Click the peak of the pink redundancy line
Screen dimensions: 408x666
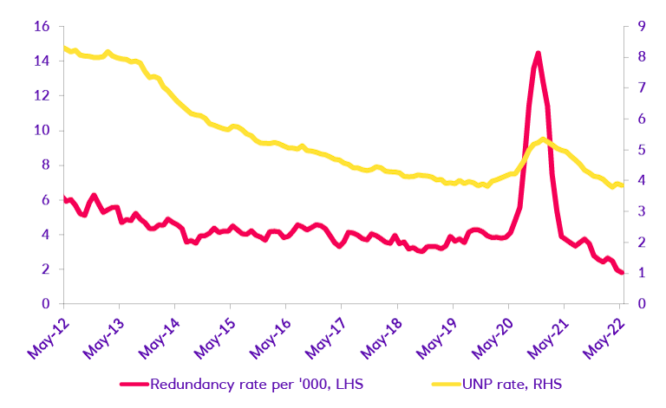(538, 54)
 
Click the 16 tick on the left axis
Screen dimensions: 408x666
(42, 26)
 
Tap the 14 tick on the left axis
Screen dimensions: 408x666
(42, 61)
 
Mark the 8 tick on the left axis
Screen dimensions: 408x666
(45, 165)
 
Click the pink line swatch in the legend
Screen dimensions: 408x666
(131, 384)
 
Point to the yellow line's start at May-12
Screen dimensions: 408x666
(64, 49)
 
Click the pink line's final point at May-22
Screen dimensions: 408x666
(621, 273)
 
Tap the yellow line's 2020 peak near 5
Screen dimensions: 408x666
(542, 139)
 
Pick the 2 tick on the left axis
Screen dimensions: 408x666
(45, 269)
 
